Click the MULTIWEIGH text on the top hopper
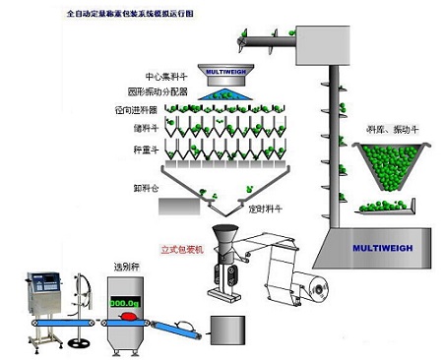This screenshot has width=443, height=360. point(225,71)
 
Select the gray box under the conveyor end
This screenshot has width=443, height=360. point(225,330)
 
